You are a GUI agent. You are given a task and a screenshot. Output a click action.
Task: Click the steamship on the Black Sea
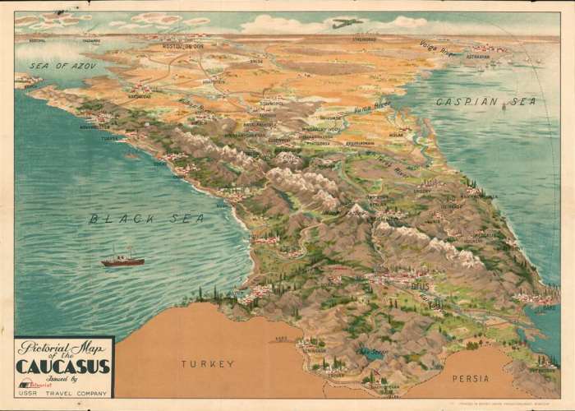122,260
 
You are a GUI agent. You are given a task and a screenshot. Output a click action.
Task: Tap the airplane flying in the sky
347,23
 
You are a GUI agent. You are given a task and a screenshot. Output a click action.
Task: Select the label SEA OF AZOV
63,65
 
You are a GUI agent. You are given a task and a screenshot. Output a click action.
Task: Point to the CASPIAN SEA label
485,101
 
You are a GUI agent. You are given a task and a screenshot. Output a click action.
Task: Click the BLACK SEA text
147,219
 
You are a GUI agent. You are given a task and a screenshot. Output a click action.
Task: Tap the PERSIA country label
471,378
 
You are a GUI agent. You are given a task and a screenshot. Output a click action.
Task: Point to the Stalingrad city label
364,39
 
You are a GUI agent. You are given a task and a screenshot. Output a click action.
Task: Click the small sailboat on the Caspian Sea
503,107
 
